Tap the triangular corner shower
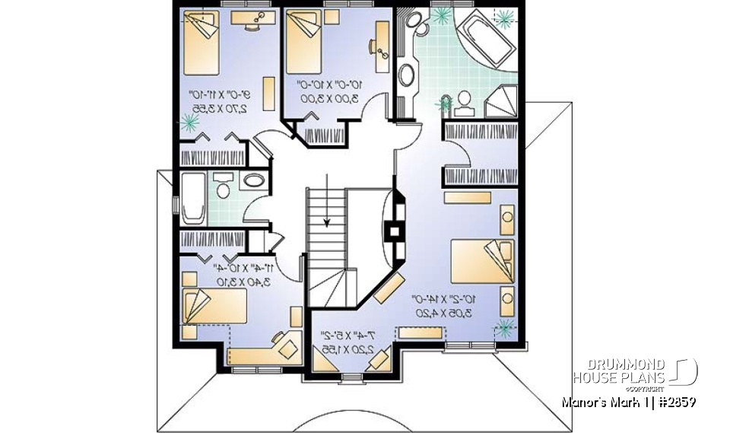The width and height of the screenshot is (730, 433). point(501,100)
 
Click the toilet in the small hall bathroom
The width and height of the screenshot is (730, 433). point(223,185)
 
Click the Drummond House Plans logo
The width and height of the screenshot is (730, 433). point(634,372)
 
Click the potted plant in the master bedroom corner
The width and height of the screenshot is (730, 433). point(503,329)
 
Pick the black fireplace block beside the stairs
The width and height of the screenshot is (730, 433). point(395,229)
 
